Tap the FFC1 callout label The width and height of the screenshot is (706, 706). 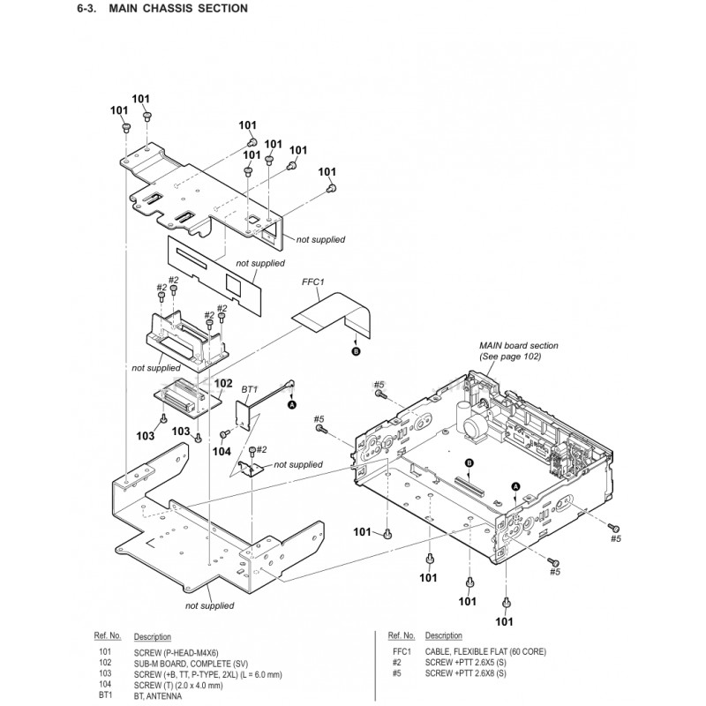pos(314,283)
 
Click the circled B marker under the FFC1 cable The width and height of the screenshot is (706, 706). pos(356,350)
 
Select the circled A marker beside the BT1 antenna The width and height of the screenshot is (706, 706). pos(290,404)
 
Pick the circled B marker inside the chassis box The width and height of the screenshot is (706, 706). pos(469,464)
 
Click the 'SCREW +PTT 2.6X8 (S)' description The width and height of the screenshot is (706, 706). pos(467,672)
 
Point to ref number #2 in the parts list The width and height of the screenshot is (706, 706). pos(397,662)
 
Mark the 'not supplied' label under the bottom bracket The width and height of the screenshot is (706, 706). pos(210,605)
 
